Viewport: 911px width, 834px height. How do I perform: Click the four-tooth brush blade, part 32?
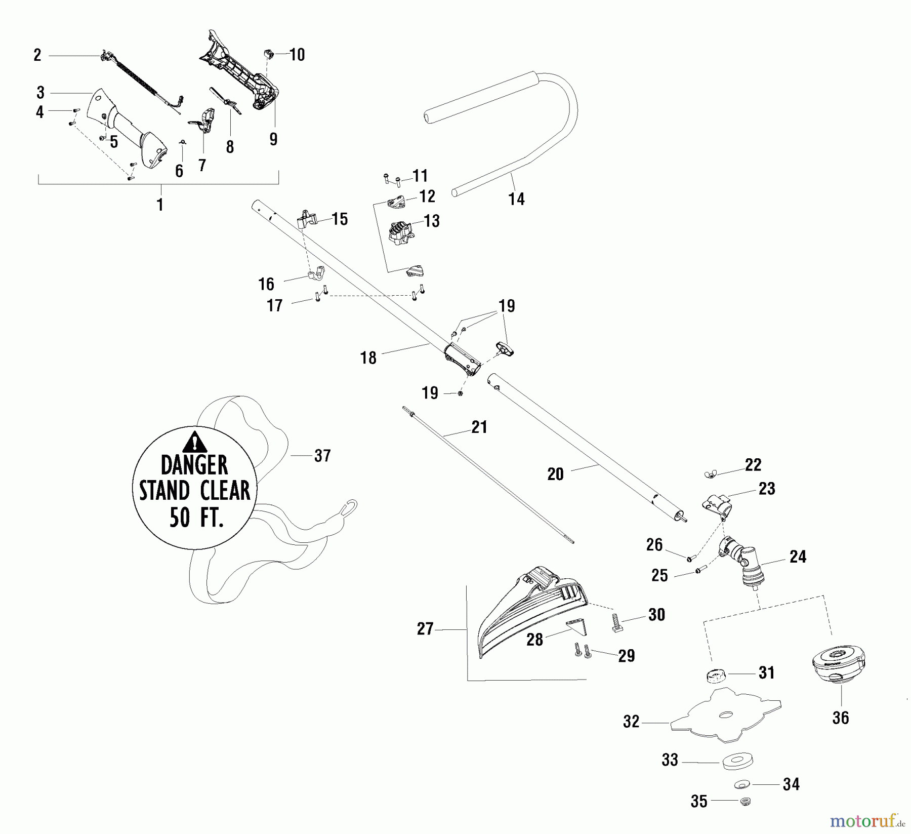coord(726,714)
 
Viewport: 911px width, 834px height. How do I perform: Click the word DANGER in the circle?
coord(194,465)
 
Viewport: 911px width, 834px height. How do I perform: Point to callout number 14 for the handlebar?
coord(516,199)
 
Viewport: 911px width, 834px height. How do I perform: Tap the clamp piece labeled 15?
coord(306,219)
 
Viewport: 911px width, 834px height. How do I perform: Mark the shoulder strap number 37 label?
coord(322,455)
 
